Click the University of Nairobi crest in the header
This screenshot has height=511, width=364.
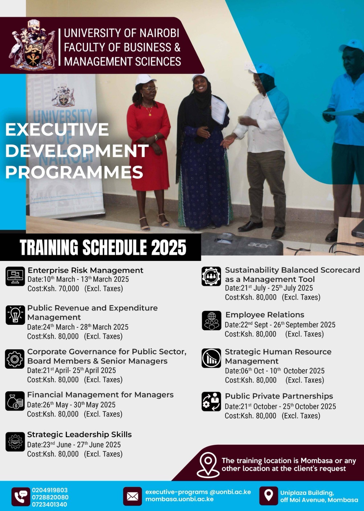[x=32, y=45]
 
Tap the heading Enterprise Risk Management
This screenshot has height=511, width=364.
[x=86, y=270]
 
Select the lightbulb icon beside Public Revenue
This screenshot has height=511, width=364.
[x=15, y=315]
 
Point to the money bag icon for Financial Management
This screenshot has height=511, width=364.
[x=15, y=401]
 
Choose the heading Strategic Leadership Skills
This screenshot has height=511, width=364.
[x=80, y=435]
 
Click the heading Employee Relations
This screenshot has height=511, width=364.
[x=265, y=315]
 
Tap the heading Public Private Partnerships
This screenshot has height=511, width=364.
[x=279, y=396]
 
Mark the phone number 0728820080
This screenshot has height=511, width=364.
[x=50, y=497]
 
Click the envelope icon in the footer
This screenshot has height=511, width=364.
[x=133, y=496]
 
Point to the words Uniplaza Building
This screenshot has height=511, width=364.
[x=307, y=493]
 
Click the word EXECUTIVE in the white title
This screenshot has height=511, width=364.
[x=57, y=130]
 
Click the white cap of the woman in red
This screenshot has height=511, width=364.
[x=145, y=80]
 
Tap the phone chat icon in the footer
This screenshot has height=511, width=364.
[x=21, y=497]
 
